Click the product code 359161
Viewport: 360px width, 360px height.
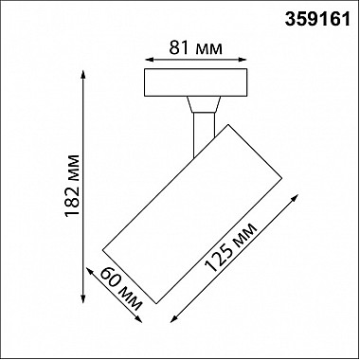[317, 20]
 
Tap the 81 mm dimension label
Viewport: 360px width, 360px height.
[196, 48]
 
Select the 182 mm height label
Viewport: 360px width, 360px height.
[72, 186]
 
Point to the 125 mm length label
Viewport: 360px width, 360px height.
[231, 247]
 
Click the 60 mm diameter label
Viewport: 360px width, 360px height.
[121, 289]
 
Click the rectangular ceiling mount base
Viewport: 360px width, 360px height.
[196, 82]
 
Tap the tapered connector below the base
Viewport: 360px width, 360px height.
[204, 104]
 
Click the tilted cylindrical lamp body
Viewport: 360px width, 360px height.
[192, 214]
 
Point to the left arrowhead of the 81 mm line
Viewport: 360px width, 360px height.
[149, 60]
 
